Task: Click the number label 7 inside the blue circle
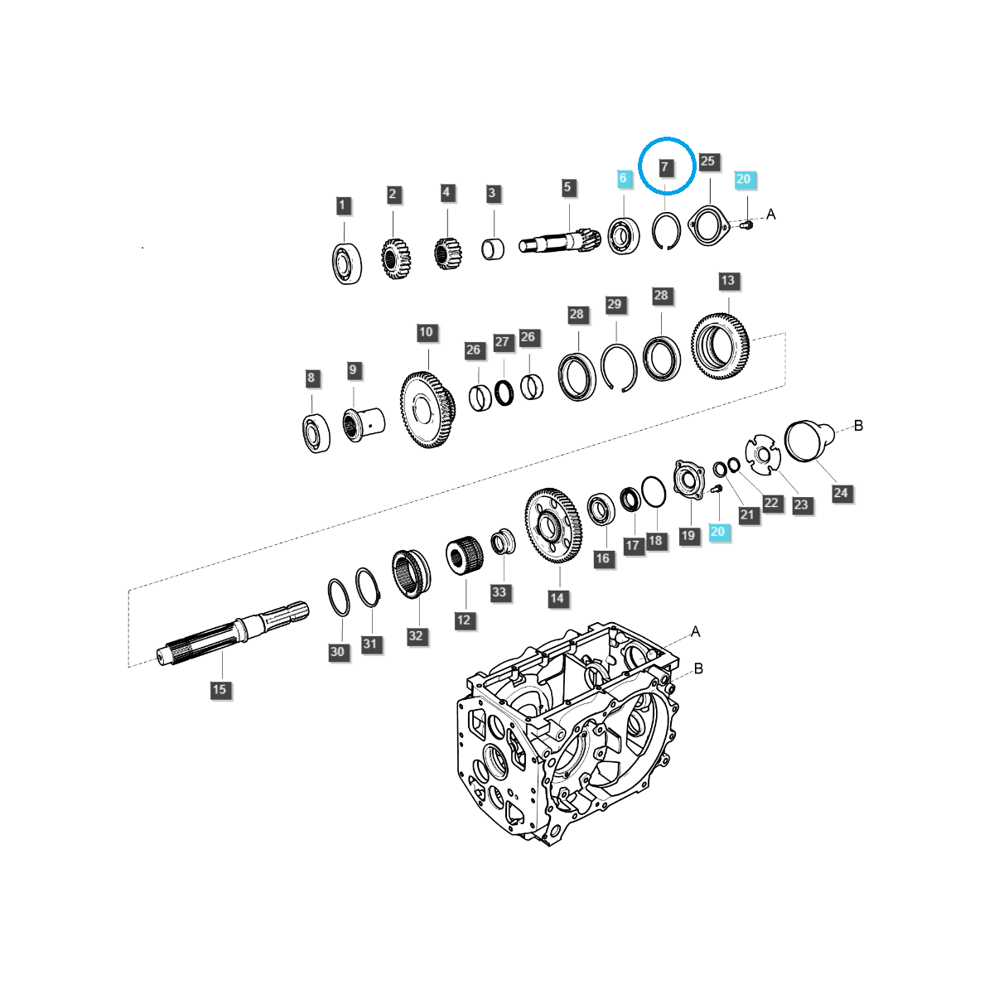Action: coord(664,167)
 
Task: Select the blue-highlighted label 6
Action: coord(624,178)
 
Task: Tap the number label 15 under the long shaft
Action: coord(219,689)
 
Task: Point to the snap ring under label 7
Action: coord(666,231)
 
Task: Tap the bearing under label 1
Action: coord(346,263)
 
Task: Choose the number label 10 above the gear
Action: coord(426,332)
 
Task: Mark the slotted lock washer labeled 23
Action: coord(762,456)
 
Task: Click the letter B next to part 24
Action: coord(858,425)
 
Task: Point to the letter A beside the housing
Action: coord(696,632)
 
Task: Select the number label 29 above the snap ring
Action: coord(614,304)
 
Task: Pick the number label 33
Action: coord(499,592)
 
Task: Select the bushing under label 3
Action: coord(494,248)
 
